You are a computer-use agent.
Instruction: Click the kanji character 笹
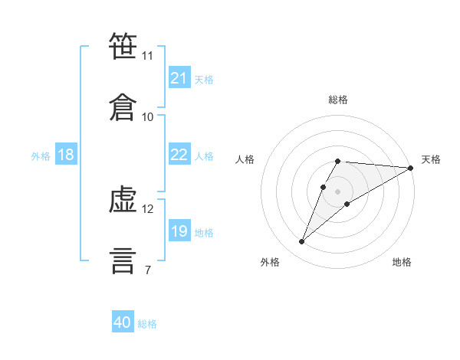pyautogui.click(x=123, y=46)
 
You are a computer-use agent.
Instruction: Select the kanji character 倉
pyautogui.click(x=123, y=107)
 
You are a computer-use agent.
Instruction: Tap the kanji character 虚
pyautogui.click(x=123, y=199)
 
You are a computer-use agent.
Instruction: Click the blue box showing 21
pyautogui.click(x=179, y=78)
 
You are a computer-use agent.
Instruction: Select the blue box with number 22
pyautogui.click(x=179, y=155)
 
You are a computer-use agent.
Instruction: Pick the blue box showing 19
pyautogui.click(x=179, y=232)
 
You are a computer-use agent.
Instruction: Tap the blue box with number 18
pyautogui.click(x=66, y=155)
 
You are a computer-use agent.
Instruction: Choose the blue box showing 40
pyautogui.click(x=123, y=323)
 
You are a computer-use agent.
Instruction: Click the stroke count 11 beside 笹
pyautogui.click(x=148, y=56)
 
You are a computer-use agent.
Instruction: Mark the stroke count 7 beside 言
pyautogui.click(x=148, y=270)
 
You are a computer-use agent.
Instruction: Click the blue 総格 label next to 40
pyautogui.click(x=147, y=324)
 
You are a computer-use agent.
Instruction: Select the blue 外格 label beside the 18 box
pyautogui.click(x=41, y=156)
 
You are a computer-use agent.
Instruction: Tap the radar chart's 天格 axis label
pyautogui.click(x=431, y=159)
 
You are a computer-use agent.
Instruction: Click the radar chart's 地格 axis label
pyautogui.click(x=402, y=263)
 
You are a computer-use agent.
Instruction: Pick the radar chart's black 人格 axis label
pyautogui.click(x=245, y=159)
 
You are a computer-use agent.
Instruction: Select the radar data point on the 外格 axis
pyautogui.click(x=301, y=242)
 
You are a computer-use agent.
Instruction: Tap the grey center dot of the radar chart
pyautogui.click(x=338, y=191)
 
